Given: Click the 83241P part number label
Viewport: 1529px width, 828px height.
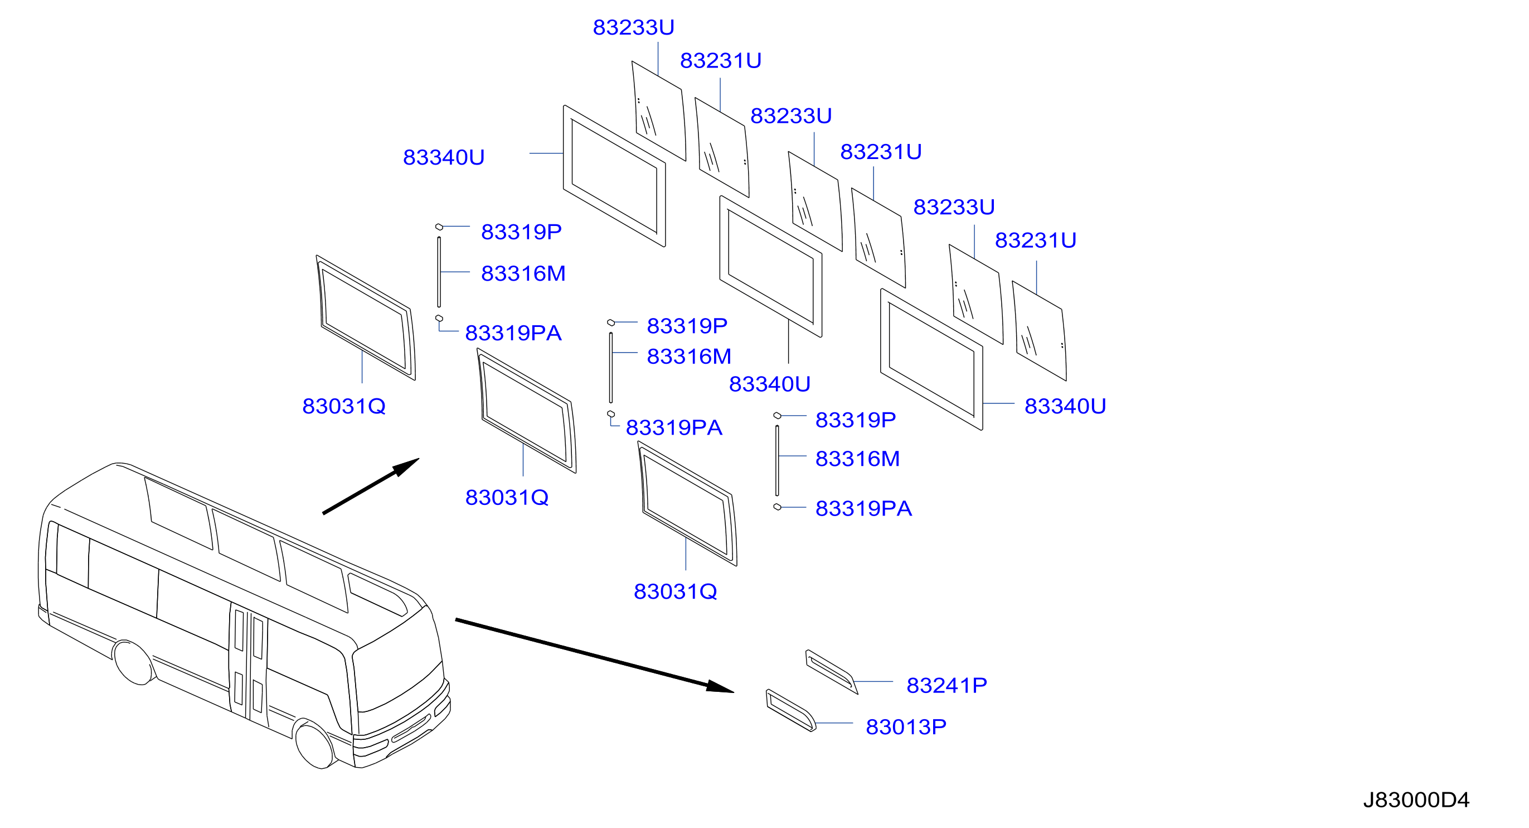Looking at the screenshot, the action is tap(946, 686).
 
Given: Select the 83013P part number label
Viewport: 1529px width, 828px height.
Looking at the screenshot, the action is tap(906, 727).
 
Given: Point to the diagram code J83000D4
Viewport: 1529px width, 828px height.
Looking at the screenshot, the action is tap(1416, 800).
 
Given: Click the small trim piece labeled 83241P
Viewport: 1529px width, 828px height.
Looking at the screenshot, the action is tap(831, 672).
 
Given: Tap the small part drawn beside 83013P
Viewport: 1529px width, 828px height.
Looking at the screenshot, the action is tap(791, 710).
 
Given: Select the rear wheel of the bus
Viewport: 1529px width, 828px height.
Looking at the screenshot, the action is tap(134, 662).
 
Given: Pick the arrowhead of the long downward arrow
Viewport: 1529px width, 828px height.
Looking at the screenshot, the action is tap(720, 687).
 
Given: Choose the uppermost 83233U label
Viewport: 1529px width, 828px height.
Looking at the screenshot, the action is tap(633, 27).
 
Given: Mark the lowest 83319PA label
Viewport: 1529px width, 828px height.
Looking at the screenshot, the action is tap(863, 508).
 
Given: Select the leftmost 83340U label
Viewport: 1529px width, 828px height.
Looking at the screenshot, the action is tap(443, 157).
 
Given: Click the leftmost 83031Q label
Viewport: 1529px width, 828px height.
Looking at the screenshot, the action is tap(344, 406).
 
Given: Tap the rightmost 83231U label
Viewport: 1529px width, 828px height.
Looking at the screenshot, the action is tap(1035, 240).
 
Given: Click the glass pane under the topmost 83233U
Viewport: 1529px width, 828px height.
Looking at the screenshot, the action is tap(659, 111).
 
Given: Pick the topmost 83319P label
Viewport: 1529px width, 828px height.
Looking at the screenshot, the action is tap(521, 232).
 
